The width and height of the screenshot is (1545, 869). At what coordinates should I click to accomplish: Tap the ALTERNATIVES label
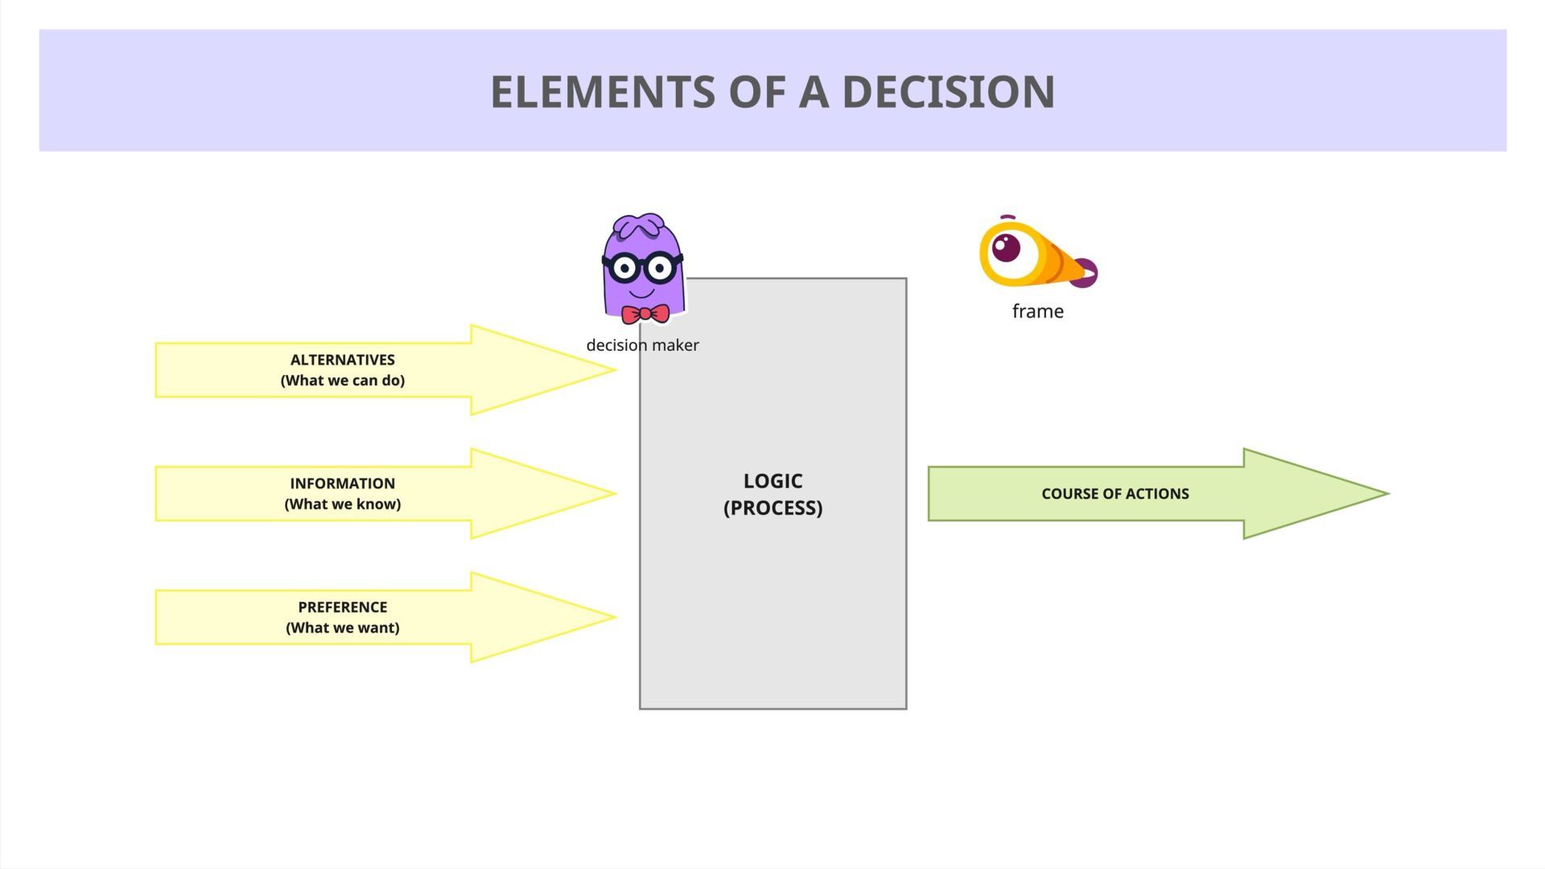click(342, 360)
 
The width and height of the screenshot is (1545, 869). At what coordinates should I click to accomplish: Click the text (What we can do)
click(342, 381)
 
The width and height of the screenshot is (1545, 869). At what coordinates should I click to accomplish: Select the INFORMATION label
click(342, 484)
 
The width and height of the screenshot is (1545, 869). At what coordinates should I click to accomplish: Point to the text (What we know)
click(342, 505)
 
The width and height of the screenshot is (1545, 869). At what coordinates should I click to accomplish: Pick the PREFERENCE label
click(342, 607)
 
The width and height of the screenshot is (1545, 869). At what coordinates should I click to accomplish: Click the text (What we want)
click(342, 628)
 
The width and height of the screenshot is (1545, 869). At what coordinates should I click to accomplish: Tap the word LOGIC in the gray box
click(772, 481)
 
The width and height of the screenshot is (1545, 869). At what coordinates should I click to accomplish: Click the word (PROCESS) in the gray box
click(772, 509)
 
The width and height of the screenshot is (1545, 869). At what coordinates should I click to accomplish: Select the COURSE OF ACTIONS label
click(1114, 494)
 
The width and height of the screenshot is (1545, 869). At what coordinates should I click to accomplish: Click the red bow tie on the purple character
click(645, 314)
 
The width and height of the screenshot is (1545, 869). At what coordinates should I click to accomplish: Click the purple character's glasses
click(642, 267)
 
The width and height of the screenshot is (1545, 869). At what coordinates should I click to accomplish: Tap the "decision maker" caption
click(642, 345)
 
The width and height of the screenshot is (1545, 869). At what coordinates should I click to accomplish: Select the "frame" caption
click(1037, 311)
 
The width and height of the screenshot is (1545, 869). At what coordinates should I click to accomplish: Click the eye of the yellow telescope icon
click(1006, 248)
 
